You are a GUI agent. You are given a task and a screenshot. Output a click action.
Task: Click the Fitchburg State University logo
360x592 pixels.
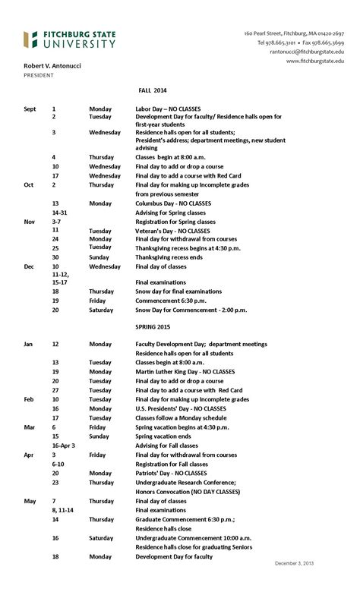(69, 39)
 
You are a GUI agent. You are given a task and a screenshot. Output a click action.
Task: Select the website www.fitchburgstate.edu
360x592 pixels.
(314, 61)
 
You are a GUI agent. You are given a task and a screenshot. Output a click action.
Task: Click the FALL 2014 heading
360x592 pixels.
(152, 90)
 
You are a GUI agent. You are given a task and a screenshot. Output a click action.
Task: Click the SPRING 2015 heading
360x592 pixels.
(153, 326)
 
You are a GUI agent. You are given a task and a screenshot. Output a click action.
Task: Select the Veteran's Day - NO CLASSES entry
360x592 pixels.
(172, 230)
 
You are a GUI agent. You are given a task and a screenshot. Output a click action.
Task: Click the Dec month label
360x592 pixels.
(29, 266)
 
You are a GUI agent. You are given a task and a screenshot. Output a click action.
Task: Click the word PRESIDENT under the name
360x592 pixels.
(38, 75)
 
